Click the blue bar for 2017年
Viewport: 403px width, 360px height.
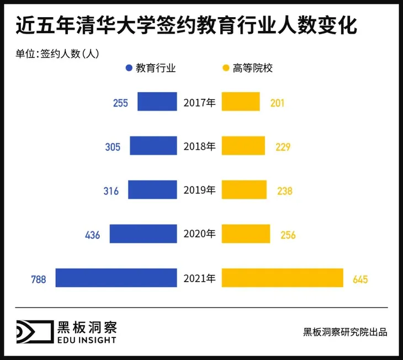tap(157, 102)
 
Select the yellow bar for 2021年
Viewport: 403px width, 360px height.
tap(282, 278)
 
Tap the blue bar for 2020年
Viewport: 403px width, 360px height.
tap(143, 234)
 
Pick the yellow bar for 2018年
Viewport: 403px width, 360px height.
tap(244, 146)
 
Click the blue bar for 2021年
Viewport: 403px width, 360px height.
tap(116, 278)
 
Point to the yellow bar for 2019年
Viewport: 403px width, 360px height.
tap(244, 190)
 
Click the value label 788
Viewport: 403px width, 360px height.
tap(39, 279)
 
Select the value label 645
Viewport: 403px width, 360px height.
tap(360, 279)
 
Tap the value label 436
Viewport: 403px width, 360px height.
tap(92, 235)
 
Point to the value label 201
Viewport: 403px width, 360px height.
tap(278, 103)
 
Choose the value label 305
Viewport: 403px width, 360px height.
tap(113, 147)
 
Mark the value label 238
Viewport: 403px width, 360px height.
tap(285, 191)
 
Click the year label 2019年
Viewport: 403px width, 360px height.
tap(199, 190)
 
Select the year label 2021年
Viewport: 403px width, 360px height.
tap(199, 278)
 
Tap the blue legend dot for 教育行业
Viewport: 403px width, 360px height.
tap(129, 68)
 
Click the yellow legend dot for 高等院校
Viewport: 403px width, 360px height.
tap(225, 68)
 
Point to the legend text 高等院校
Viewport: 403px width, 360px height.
tap(253, 68)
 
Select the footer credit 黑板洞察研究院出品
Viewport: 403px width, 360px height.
tap(345, 332)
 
